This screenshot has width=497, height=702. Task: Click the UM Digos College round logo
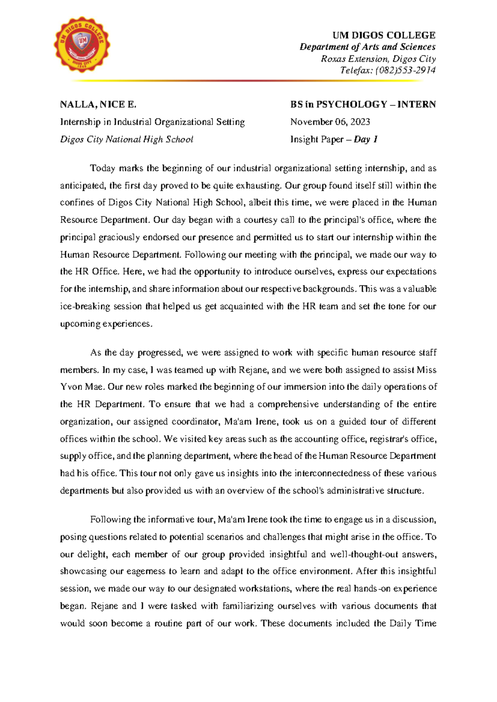point(82,45)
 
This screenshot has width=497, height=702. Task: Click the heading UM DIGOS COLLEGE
point(384,35)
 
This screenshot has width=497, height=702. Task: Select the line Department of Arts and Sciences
point(367,47)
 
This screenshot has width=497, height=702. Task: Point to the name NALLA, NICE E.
point(98,104)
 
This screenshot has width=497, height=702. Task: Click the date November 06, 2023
point(330,122)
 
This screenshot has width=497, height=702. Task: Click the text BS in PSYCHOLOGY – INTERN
point(363,104)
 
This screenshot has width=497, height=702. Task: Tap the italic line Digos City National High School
point(126,139)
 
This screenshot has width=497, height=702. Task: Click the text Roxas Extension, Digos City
point(378,59)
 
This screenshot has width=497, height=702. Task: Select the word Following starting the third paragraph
point(110,519)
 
